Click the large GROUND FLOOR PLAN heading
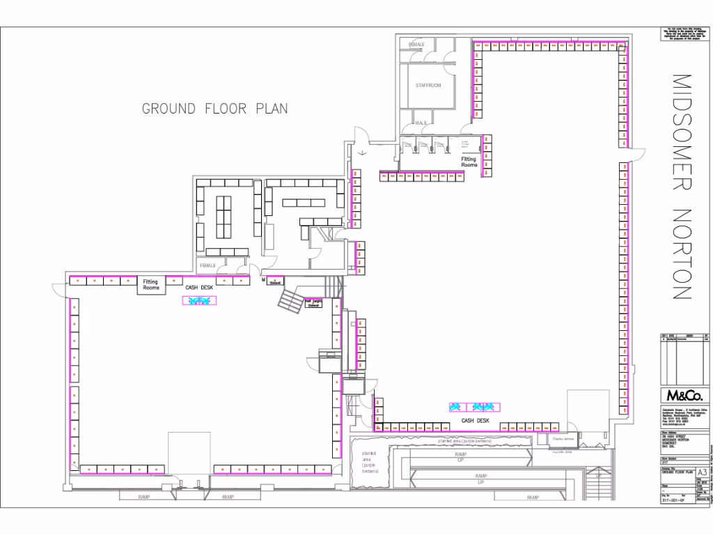pos(214,109)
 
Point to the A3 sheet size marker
pos(702,472)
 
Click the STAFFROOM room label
pos(428,86)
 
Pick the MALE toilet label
pos(421,123)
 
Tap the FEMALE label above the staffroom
pos(416,45)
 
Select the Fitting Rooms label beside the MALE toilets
pos(469,162)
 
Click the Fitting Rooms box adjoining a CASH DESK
pos(150,285)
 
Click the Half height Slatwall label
pos(313,304)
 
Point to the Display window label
pos(563,440)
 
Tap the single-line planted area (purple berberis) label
pos(465,442)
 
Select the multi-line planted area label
pos(369,463)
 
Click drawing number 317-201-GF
pos(677,520)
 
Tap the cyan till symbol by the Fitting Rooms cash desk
pos(199,300)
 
